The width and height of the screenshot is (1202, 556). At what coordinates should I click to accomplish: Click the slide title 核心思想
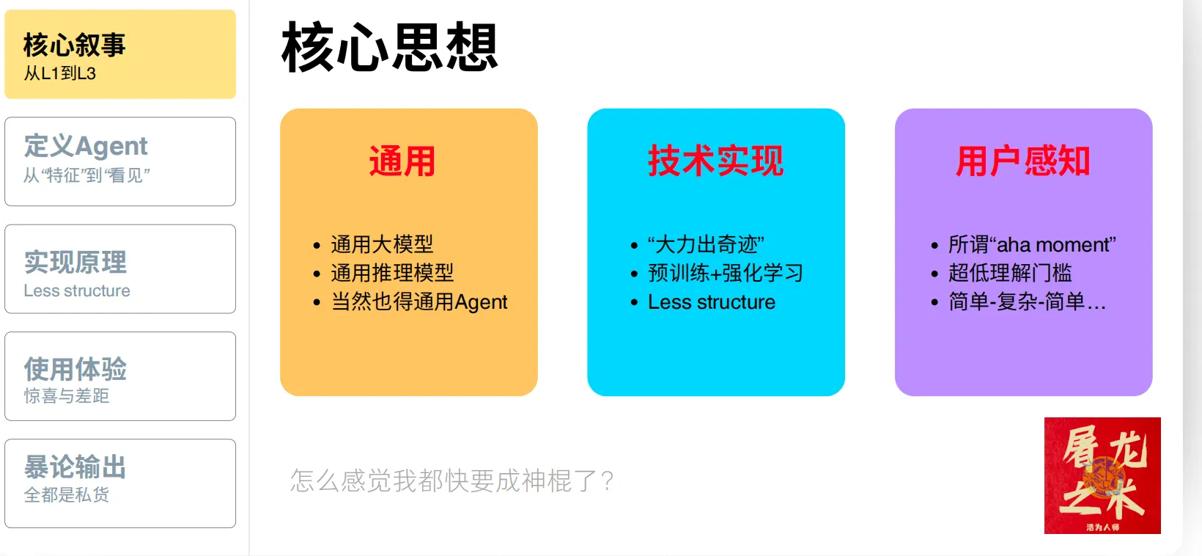point(390,47)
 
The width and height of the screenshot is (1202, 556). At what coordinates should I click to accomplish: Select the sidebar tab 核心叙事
point(120,54)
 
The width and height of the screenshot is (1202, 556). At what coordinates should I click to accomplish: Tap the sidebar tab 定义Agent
point(120,161)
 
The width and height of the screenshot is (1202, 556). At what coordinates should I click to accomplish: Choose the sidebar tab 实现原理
point(120,268)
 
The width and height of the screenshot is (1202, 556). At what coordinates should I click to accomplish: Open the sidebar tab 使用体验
point(120,376)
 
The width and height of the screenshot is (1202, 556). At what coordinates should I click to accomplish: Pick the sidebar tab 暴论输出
point(120,483)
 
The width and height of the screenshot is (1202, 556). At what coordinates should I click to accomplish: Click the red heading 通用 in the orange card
point(402,161)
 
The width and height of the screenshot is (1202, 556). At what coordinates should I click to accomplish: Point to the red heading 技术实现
point(716,161)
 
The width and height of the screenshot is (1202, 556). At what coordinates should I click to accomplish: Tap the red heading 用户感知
point(1022,161)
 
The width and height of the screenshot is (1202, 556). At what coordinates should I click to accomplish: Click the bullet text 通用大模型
point(382,244)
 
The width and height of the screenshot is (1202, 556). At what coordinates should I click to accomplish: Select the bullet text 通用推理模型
point(392,273)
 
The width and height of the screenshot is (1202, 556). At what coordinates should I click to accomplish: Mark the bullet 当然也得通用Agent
point(419,302)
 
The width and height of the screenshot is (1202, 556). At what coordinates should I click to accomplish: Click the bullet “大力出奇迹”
point(706,244)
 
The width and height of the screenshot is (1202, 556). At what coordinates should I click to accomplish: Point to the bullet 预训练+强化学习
point(726,273)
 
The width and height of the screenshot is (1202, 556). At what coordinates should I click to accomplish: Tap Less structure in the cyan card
point(712,302)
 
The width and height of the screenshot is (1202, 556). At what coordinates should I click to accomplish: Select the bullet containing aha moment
point(1032,244)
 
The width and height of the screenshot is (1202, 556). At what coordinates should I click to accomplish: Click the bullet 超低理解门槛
point(1010,273)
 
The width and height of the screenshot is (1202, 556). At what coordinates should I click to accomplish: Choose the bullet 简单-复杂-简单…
point(1027,302)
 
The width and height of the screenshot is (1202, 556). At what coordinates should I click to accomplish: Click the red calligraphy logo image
point(1102,475)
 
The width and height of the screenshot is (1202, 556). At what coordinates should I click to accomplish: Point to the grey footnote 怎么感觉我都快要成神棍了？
point(452,480)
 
